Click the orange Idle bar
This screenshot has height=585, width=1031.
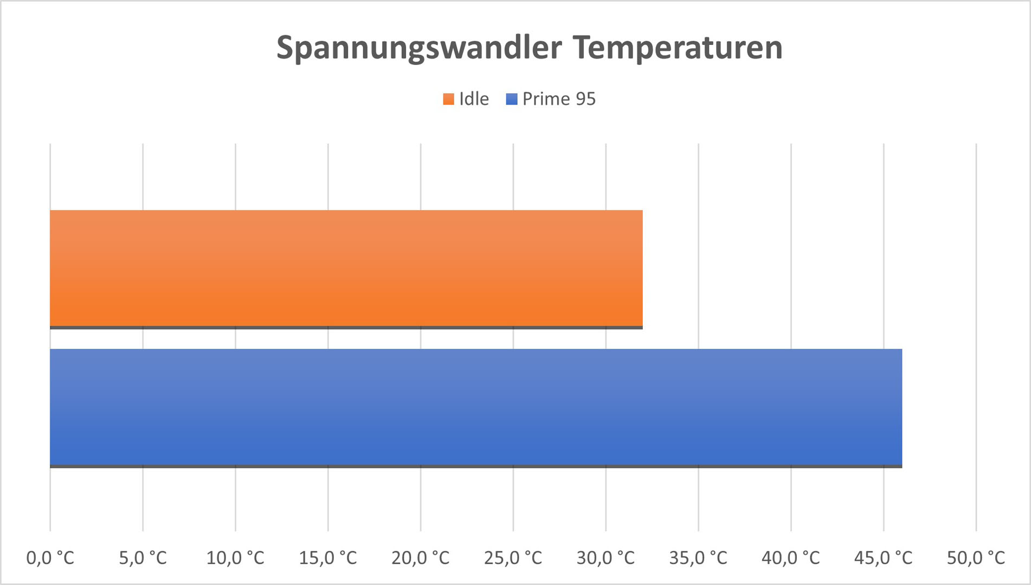click(346, 269)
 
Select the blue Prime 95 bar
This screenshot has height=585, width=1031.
click(476, 407)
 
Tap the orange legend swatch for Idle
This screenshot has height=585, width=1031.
click(448, 99)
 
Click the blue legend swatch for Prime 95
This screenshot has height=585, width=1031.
click(511, 99)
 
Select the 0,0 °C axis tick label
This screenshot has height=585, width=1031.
click(50, 557)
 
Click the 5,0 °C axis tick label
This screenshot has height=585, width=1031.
click(143, 557)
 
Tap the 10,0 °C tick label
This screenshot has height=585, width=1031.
click(235, 557)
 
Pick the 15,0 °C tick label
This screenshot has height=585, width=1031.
click(328, 557)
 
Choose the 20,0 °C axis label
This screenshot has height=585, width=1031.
click(421, 557)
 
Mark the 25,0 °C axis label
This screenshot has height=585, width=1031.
click(513, 557)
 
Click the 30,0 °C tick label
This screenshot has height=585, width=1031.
click(605, 557)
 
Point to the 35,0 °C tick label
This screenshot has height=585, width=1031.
click(698, 557)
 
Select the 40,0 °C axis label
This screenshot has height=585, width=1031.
click(791, 557)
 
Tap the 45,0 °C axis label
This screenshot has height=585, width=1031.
click(884, 557)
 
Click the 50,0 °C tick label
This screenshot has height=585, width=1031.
click(976, 557)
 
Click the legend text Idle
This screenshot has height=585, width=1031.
click(474, 99)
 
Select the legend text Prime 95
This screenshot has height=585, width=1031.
click(559, 99)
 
